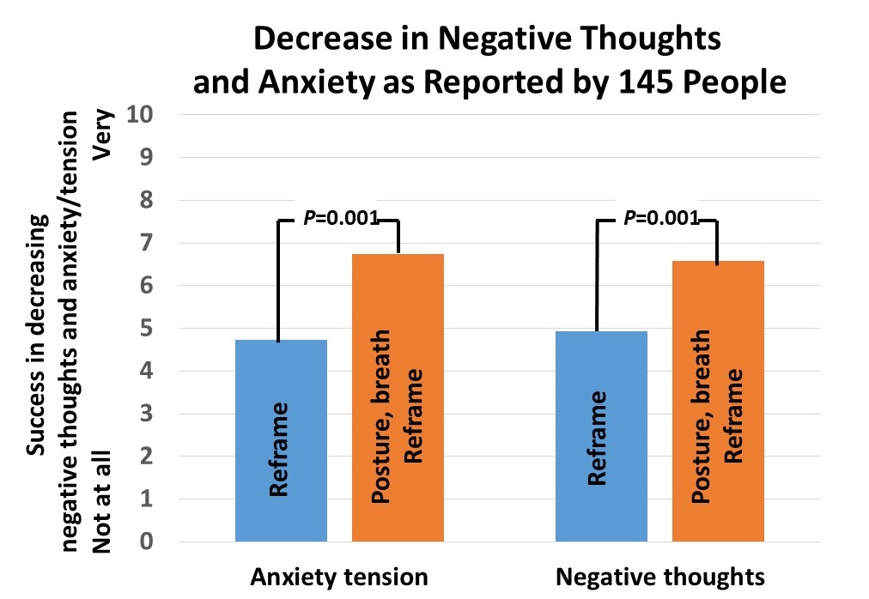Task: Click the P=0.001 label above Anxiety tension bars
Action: [341, 219]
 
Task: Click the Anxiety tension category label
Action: [338, 577]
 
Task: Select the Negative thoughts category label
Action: [659, 577]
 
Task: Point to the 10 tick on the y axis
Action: [142, 114]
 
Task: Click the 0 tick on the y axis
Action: [149, 542]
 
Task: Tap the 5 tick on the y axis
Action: [149, 328]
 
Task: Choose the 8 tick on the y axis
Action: [149, 200]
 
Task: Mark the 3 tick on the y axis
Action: [149, 414]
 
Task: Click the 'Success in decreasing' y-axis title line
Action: [35, 335]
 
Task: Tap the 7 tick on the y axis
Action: [149, 243]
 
